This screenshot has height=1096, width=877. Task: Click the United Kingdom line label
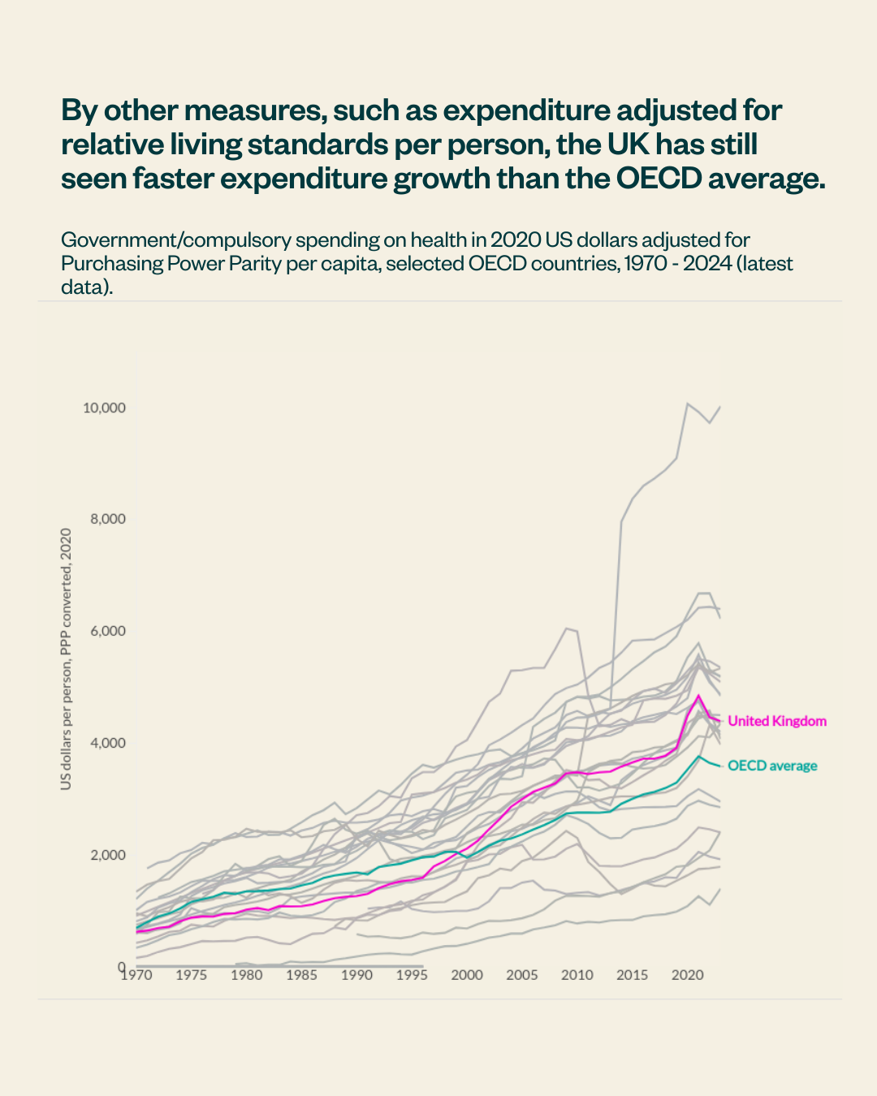click(x=776, y=721)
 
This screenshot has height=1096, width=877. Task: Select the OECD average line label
click(x=771, y=766)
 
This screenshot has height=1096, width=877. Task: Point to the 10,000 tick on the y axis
click(x=104, y=408)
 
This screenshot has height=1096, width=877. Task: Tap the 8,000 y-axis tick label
click(x=107, y=520)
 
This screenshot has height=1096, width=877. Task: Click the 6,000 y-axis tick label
click(x=107, y=632)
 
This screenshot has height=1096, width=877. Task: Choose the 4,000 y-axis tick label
click(x=107, y=744)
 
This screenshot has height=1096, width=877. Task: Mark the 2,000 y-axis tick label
click(x=107, y=855)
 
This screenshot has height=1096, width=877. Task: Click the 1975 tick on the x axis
click(x=192, y=975)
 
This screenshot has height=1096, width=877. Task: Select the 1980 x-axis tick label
click(x=247, y=975)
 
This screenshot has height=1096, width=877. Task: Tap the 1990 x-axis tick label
click(x=356, y=975)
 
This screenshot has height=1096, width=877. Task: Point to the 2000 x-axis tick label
click(x=467, y=975)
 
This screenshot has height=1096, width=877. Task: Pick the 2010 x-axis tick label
click(x=577, y=975)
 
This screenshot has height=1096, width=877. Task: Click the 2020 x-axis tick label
click(x=687, y=975)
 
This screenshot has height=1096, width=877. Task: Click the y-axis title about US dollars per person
click(x=66, y=658)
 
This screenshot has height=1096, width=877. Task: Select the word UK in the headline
click(x=628, y=145)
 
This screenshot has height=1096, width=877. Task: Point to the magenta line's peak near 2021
click(x=698, y=696)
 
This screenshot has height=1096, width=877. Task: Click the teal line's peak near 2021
click(x=698, y=756)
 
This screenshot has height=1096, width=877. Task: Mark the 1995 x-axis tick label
click(x=412, y=975)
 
